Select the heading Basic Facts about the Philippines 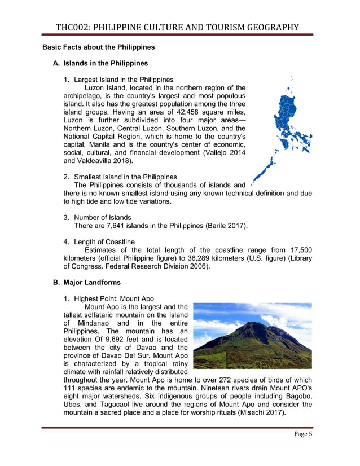click(98, 47)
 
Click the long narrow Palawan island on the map click(265, 169)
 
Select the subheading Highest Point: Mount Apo click(113, 298)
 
